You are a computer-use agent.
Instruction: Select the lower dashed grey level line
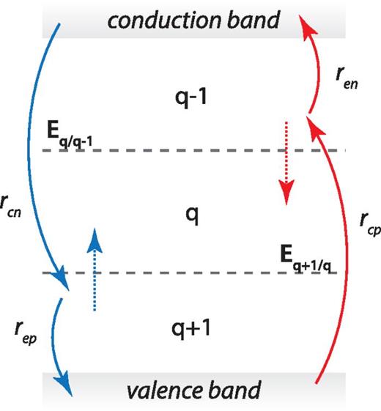coord(183,273)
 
